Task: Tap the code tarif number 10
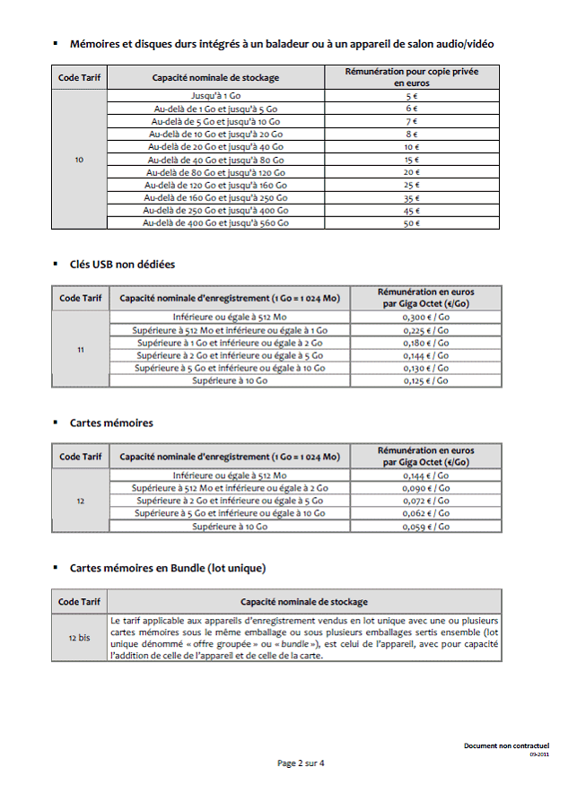click(79, 160)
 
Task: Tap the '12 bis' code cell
click(79, 638)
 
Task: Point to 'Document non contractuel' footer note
click(506, 745)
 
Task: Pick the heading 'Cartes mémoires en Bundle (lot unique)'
click(167, 568)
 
